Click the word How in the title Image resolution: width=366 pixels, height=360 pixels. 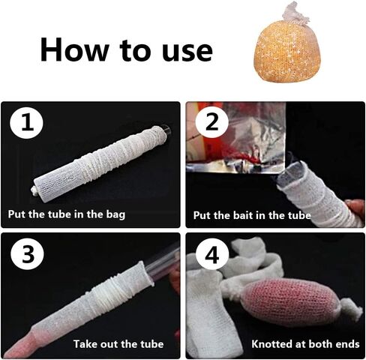[x=74, y=49]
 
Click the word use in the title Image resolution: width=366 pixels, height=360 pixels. [x=187, y=52]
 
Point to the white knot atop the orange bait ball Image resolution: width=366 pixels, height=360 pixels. [x=295, y=13]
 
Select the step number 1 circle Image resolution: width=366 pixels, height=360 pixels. [x=26, y=123]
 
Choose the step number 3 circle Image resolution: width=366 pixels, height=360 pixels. [x=27, y=254]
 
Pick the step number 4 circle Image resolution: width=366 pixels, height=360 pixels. [x=212, y=254]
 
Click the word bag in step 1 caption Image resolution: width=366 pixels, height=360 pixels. [x=115, y=215]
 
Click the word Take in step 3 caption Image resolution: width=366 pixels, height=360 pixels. [x=85, y=344]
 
